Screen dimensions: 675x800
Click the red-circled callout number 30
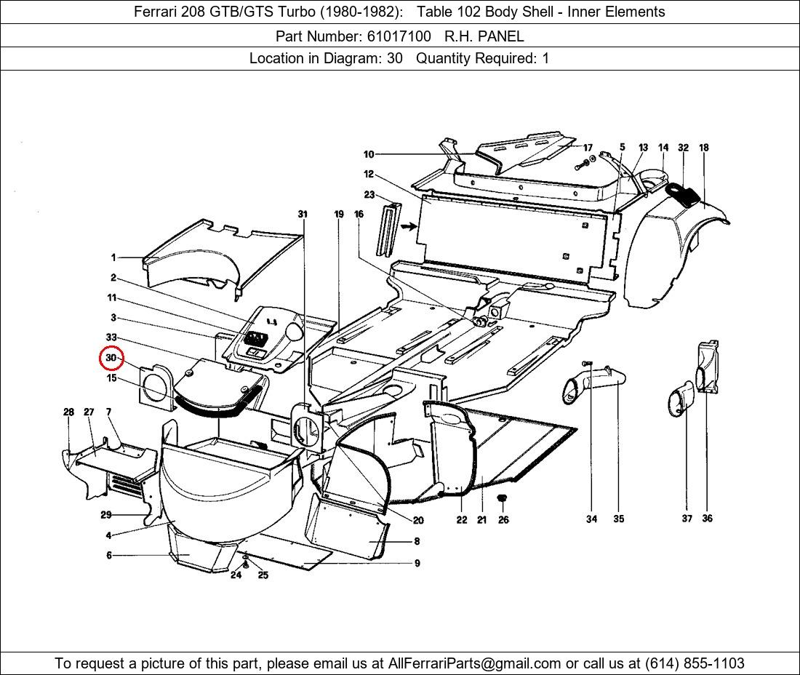[x=111, y=358]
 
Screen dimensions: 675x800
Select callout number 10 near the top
[x=369, y=154]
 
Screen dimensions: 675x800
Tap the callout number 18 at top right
[x=703, y=148]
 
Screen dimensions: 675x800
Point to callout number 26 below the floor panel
[x=503, y=520]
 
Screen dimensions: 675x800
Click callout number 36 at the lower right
[x=707, y=519]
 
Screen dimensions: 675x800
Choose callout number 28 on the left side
[x=68, y=412]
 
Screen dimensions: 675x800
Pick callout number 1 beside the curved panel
[x=113, y=257]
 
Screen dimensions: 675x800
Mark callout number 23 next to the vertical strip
[x=369, y=195]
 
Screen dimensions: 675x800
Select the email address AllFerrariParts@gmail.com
[x=475, y=663]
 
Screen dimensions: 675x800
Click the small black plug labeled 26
[x=502, y=498]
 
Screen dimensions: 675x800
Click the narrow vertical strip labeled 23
[x=385, y=228]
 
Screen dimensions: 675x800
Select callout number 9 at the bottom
[x=417, y=564]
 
